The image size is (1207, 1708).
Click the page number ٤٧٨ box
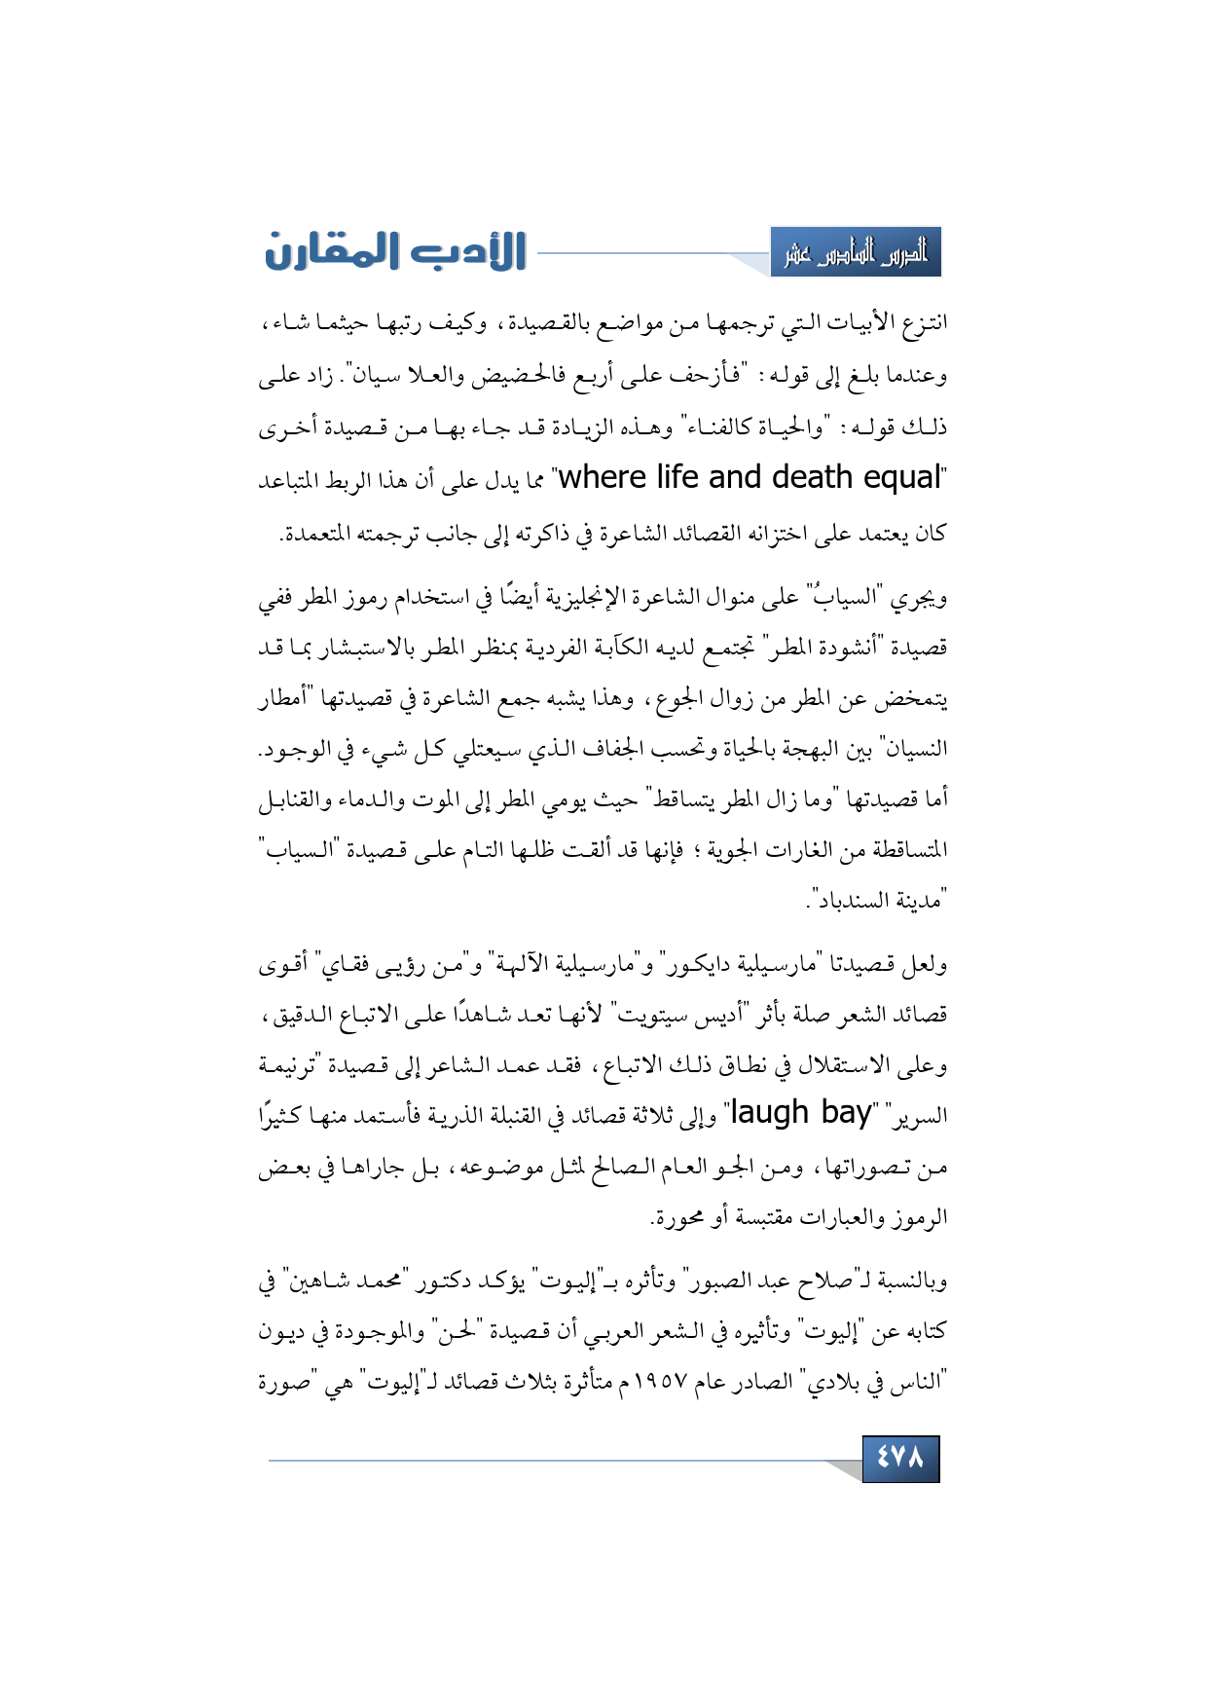(x=900, y=1458)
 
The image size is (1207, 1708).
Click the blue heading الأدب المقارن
(x=396, y=251)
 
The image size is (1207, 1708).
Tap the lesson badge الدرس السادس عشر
(x=856, y=253)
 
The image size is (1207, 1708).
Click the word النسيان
(x=911, y=749)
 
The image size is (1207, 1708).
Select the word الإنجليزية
(x=584, y=597)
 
